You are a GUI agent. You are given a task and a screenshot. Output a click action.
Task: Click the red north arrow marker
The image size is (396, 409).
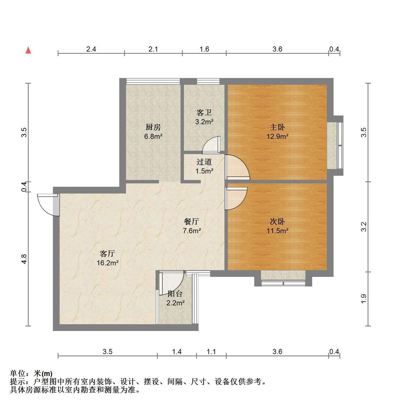click(x=28, y=50)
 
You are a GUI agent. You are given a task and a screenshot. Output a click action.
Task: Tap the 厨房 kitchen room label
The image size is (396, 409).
click(x=153, y=127)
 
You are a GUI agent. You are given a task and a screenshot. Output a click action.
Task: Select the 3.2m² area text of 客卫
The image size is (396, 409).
click(x=204, y=122)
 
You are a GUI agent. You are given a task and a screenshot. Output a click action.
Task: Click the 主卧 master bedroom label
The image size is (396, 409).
click(x=277, y=127)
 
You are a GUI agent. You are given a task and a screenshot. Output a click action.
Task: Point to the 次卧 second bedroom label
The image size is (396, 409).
click(x=277, y=221)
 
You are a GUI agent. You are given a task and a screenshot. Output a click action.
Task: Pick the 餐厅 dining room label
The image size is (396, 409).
click(x=191, y=221)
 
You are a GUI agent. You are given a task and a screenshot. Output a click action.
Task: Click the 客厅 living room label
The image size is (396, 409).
click(x=107, y=254)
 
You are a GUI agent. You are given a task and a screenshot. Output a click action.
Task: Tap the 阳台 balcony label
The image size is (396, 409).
click(x=175, y=294)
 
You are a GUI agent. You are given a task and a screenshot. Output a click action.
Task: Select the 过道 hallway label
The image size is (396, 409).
click(x=204, y=162)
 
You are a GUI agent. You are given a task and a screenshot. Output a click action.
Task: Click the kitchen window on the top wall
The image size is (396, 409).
click(x=153, y=81)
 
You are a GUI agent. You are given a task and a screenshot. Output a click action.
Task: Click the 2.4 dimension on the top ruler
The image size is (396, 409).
click(x=91, y=49)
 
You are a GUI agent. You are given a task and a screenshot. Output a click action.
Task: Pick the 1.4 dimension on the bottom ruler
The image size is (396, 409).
click(x=177, y=352)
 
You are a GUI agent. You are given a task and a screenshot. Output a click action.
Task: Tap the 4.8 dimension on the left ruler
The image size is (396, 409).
click(x=24, y=259)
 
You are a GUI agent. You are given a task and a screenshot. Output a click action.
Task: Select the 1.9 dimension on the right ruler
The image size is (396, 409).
click(x=364, y=299)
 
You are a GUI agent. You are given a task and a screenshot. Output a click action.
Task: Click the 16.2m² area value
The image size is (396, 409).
click(x=108, y=263)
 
